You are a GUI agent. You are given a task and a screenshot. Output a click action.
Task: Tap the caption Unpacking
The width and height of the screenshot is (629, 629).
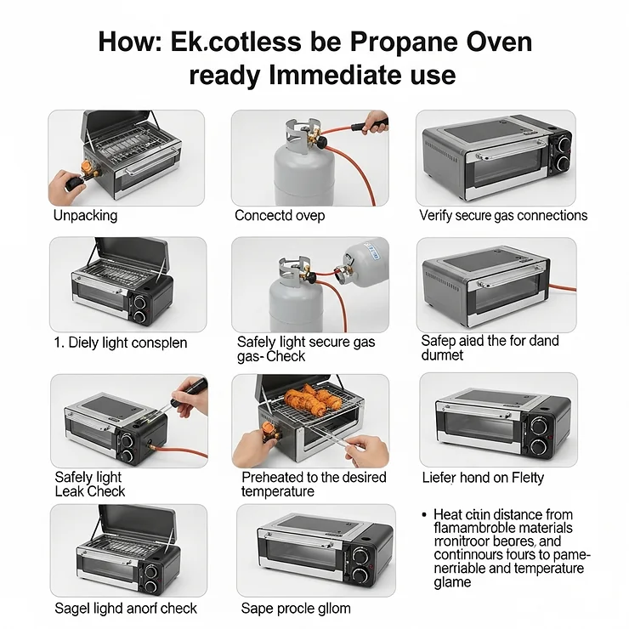85,215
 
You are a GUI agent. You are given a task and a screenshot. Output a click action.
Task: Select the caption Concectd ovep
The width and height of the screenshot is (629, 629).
280,215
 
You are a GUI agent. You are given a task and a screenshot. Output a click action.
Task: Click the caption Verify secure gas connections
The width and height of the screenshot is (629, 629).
503,215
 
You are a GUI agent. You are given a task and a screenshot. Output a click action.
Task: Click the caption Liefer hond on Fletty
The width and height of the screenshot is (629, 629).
483,478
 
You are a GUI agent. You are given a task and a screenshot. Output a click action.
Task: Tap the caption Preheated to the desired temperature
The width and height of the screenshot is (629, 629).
314,484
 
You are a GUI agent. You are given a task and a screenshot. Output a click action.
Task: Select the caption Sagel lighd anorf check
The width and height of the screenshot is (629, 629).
126,608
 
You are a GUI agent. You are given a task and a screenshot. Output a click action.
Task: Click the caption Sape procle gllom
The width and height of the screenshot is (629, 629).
295,608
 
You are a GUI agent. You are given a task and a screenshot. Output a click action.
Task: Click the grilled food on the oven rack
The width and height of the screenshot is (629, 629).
309,399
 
